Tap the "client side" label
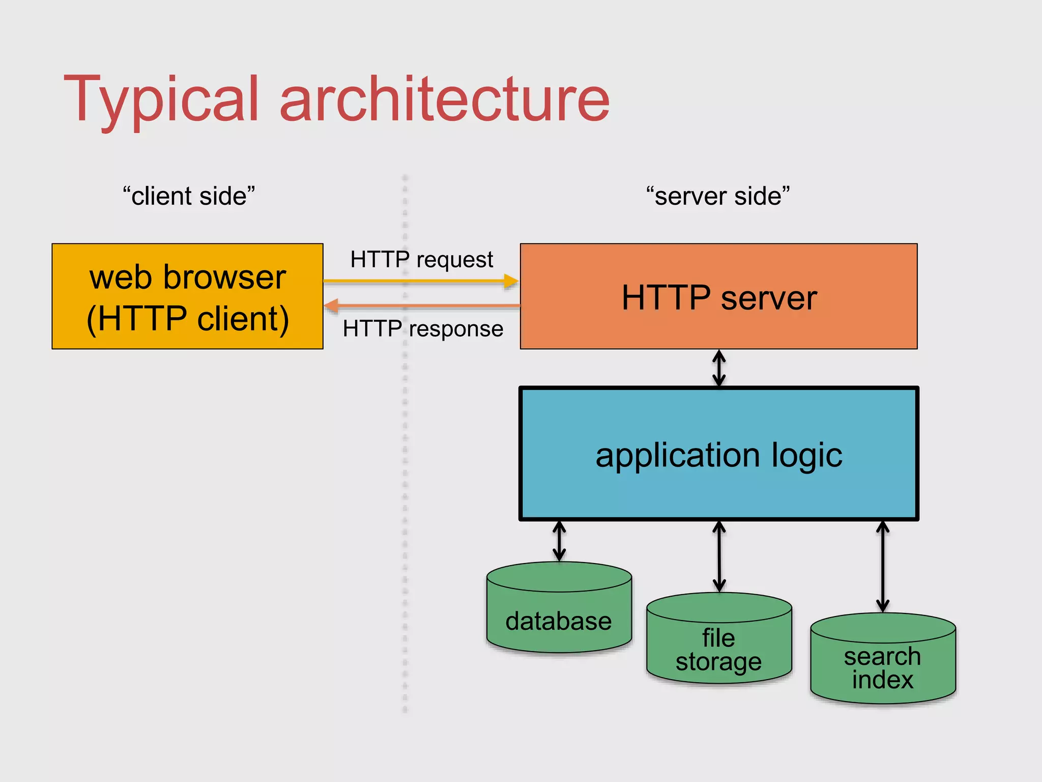(189, 196)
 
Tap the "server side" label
(718, 196)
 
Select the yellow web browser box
(187, 297)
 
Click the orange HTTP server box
(718, 297)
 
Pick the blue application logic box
(718, 454)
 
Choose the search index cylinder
(883, 667)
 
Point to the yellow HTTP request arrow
(417, 281)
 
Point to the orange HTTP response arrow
(422, 306)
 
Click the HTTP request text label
(421, 260)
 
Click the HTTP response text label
(423, 329)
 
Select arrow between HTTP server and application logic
(718, 368)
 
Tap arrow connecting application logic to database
(559, 541)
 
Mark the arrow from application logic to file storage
(719, 556)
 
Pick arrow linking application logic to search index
(883, 566)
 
